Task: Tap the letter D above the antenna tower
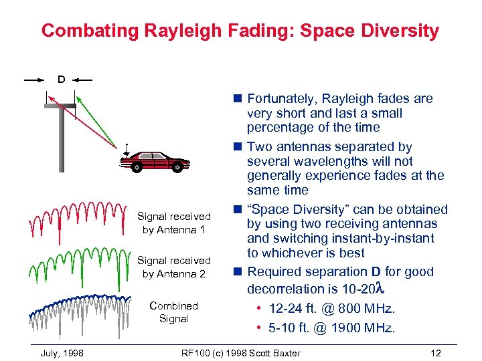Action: point(62,79)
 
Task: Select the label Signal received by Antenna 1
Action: point(173,223)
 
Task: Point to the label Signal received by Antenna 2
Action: point(173,267)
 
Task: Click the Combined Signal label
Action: point(173,312)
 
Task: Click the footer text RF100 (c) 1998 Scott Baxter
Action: point(241,352)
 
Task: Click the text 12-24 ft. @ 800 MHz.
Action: point(331,308)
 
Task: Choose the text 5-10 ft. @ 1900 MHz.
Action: point(331,328)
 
